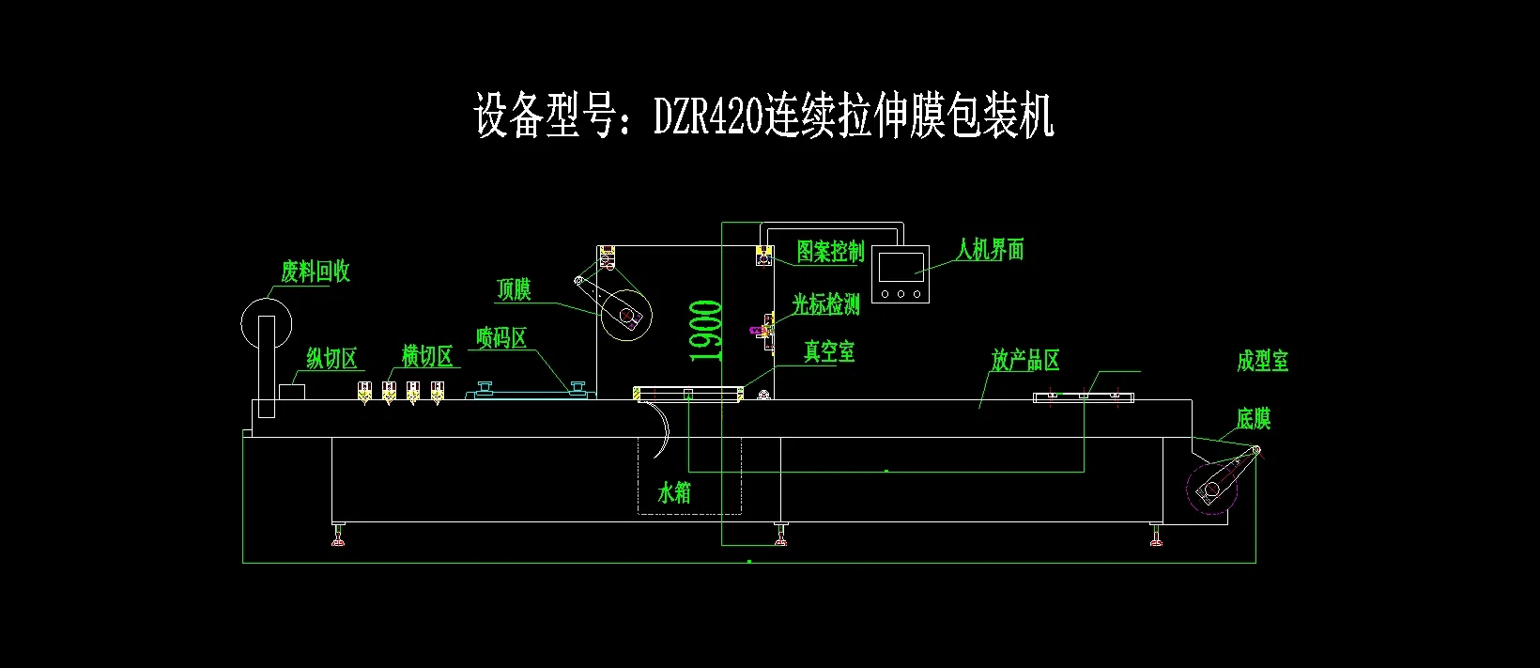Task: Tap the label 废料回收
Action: pyautogui.click(x=316, y=272)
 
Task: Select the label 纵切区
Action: pyautogui.click(x=332, y=358)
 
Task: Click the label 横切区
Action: pyautogui.click(x=427, y=356)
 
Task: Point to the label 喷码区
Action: pyautogui.click(x=501, y=337)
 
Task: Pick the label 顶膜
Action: pyautogui.click(x=514, y=289)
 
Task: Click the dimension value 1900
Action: pyautogui.click(x=706, y=331)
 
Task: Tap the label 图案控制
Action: pyautogui.click(x=830, y=251)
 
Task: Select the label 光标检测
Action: pyautogui.click(x=825, y=303)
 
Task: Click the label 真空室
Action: pyautogui.click(x=829, y=351)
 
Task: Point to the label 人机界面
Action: pyautogui.click(x=990, y=249)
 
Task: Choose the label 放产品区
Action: pyautogui.click(x=1025, y=360)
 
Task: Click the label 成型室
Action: pyautogui.click(x=1262, y=361)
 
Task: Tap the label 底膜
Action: pyautogui.click(x=1253, y=419)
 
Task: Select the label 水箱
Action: pyautogui.click(x=674, y=491)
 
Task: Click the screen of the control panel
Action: pyautogui.click(x=901, y=267)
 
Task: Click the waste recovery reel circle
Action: pyautogui.click(x=266, y=323)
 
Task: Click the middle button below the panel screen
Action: pyautogui.click(x=901, y=294)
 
